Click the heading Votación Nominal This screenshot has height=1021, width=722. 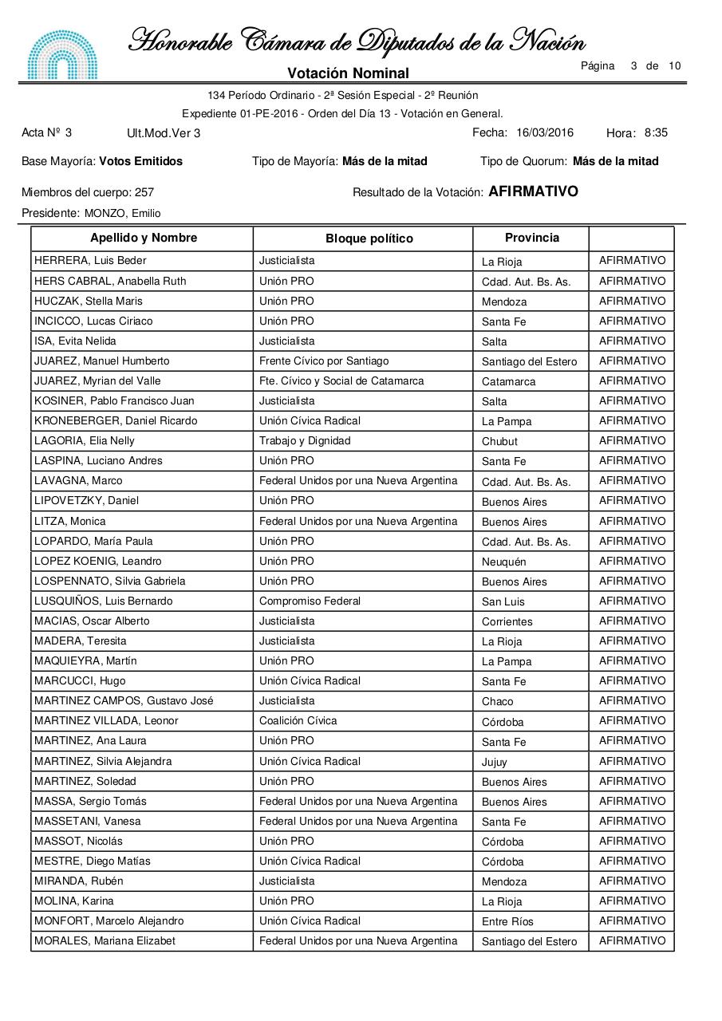click(x=348, y=73)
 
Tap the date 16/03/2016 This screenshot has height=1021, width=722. click(x=545, y=133)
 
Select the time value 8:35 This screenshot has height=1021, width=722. click(x=656, y=133)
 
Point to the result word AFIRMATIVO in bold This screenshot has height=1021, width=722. click(x=533, y=192)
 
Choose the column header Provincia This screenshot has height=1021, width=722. click(x=531, y=238)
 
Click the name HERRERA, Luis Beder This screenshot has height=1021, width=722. click(x=90, y=261)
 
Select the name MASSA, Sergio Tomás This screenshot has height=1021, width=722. click(x=90, y=802)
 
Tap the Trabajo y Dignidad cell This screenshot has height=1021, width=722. click(x=305, y=441)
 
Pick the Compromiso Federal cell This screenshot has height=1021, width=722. click(x=310, y=601)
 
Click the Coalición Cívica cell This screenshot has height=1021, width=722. click(x=298, y=721)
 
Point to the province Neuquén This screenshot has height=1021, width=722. click(x=503, y=562)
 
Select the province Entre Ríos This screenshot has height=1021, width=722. click(x=507, y=922)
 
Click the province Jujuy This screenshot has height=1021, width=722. click(x=494, y=762)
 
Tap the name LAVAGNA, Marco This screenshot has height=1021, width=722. click(x=78, y=481)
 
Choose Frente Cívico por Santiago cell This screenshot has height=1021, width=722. click(x=324, y=361)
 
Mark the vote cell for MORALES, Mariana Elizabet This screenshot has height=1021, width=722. click(x=631, y=941)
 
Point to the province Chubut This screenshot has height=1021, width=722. click(x=499, y=442)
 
